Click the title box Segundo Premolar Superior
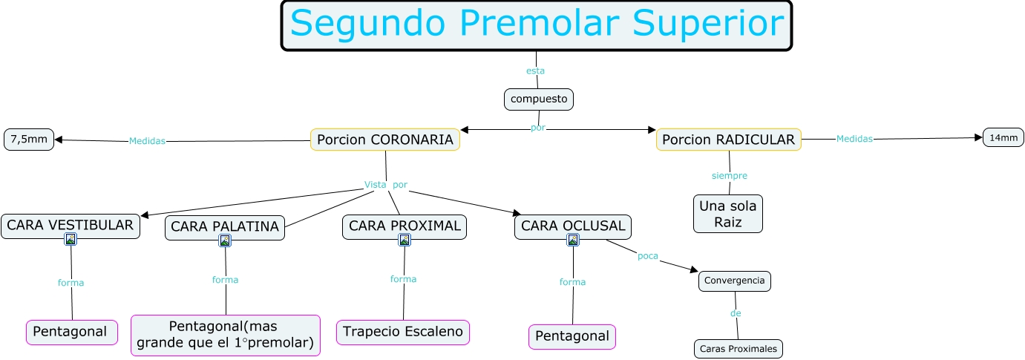click(536, 25)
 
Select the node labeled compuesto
click(539, 99)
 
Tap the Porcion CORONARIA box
click(384, 140)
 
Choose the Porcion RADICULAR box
click(728, 140)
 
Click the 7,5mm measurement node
click(29, 140)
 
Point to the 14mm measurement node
click(1003, 137)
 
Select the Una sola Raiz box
click(728, 214)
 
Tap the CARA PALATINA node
click(225, 226)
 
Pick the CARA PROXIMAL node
click(405, 226)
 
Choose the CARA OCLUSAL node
click(572, 226)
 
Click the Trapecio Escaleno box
click(403, 332)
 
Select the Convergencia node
click(734, 281)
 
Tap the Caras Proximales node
click(739, 348)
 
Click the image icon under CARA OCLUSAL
click(572, 240)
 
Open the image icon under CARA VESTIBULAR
click(71, 239)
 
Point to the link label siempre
click(729, 176)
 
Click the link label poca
click(647, 256)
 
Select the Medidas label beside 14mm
click(854, 138)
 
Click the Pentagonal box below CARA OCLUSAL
click(572, 336)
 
